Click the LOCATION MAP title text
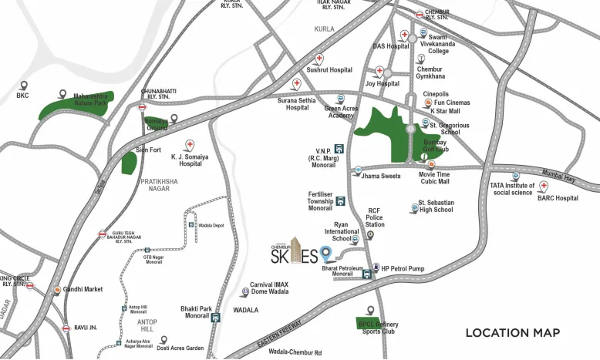pyautogui.click(x=512, y=333)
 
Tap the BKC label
pyautogui.click(x=22, y=96)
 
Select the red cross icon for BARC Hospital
pyautogui.click(x=544, y=187)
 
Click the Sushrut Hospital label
pyautogui.click(x=329, y=70)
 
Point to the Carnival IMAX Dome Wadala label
pyautogui.click(x=269, y=288)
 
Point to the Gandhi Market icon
pyautogui.click(x=57, y=290)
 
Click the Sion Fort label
pyautogui.click(x=148, y=150)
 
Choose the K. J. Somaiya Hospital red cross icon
pyautogui.click(x=190, y=145)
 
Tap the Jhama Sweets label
pyautogui.click(x=381, y=177)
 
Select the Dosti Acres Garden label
pyautogui.click(x=180, y=348)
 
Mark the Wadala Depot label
pyautogui.click(x=211, y=225)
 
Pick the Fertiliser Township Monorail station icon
pyautogui.click(x=340, y=201)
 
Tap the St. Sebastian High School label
pyautogui.click(x=435, y=207)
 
